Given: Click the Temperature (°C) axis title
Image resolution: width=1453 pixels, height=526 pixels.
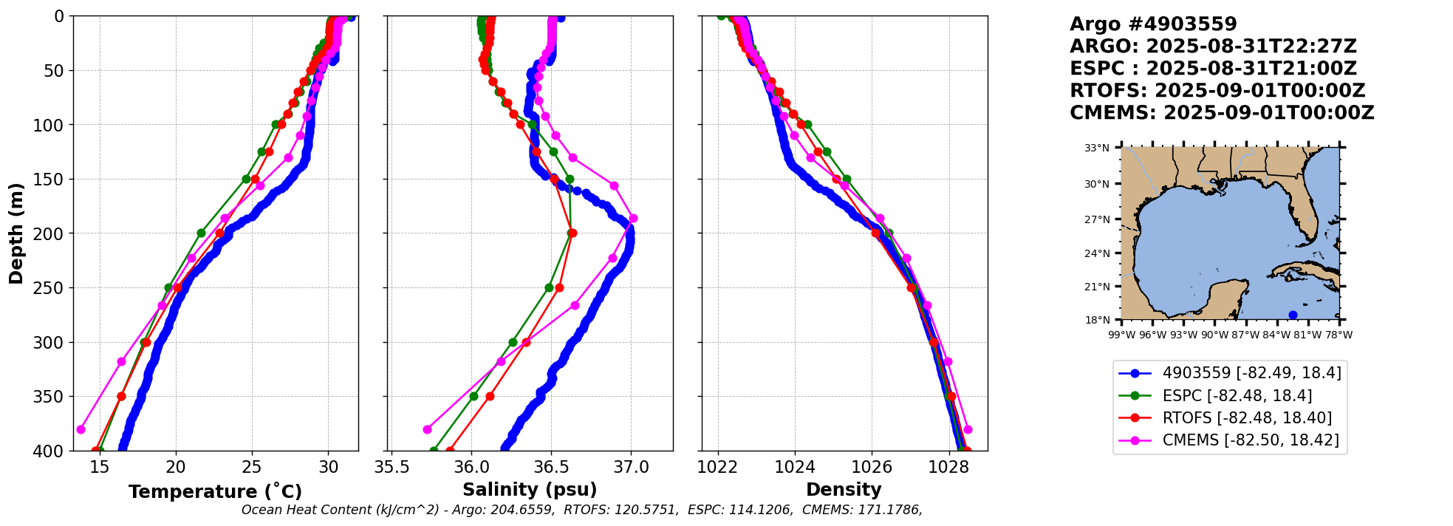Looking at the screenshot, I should click(x=215, y=492).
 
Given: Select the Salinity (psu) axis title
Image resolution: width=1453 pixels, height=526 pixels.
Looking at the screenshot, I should click(x=530, y=490).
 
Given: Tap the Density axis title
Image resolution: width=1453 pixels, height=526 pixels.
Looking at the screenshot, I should click(x=844, y=490).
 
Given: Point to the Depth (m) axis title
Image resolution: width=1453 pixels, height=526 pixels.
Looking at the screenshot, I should click(x=16, y=233).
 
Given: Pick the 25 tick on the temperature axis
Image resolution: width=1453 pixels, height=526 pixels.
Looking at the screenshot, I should click(x=252, y=467).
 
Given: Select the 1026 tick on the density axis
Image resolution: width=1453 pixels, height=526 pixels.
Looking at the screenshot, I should click(x=872, y=467).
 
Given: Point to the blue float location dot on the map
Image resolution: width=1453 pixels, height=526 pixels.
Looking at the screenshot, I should click(x=1293, y=315).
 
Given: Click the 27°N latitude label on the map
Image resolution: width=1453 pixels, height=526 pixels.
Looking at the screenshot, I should click(x=1097, y=219).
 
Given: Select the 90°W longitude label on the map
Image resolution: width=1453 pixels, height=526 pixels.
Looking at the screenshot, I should click(x=1214, y=335).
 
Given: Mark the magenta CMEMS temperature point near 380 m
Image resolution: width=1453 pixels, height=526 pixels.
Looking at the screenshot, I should click(x=81, y=429).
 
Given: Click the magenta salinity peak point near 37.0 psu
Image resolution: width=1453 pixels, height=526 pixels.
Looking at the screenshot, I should click(x=633, y=218).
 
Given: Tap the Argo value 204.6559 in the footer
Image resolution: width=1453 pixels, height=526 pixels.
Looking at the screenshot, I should click(x=522, y=510).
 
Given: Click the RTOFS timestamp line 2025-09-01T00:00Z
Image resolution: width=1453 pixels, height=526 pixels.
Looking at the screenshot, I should click(x=1217, y=91).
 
